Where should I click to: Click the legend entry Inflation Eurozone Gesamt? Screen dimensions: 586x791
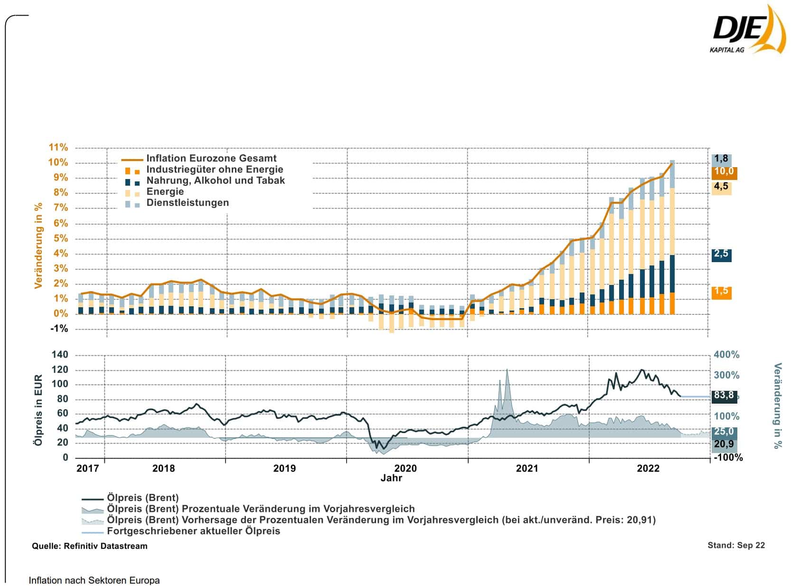click(x=211, y=159)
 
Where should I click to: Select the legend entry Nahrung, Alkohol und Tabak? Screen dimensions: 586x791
click(x=215, y=180)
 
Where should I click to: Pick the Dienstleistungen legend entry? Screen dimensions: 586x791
click(x=187, y=203)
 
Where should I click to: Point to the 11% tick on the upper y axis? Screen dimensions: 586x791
click(x=58, y=147)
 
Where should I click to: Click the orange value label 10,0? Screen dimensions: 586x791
click(x=723, y=172)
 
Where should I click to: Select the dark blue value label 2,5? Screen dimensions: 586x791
click(x=721, y=254)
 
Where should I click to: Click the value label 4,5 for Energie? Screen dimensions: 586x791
click(x=721, y=187)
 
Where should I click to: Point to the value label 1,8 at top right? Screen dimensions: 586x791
click(x=721, y=159)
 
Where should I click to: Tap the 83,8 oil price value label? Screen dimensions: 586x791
click(x=723, y=396)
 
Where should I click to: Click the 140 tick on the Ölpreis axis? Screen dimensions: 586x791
click(x=59, y=355)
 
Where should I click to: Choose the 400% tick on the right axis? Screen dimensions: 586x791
click(x=726, y=355)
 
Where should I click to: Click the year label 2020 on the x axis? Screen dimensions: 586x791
click(x=405, y=469)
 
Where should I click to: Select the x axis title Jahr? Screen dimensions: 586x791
click(x=391, y=478)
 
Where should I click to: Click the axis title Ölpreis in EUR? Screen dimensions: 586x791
click(x=39, y=410)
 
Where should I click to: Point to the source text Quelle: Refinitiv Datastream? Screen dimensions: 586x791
click(x=90, y=546)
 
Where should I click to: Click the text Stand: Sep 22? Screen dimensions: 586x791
click(x=736, y=545)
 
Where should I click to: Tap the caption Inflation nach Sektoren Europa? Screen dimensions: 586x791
click(x=94, y=580)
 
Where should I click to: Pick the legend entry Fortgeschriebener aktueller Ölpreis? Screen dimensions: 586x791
click(x=193, y=531)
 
